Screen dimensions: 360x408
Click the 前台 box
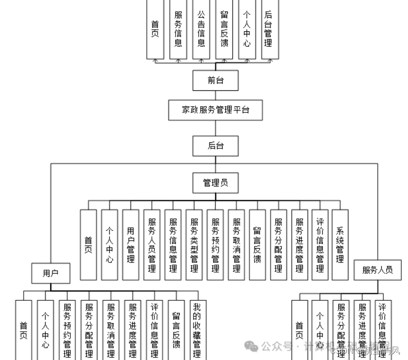click(216, 80)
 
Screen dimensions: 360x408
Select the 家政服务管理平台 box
click(216, 110)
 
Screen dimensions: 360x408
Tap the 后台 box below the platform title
click(216, 145)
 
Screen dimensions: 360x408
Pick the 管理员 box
click(216, 182)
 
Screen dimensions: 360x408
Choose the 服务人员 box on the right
click(377, 270)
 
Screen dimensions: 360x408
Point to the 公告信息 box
click(201, 30)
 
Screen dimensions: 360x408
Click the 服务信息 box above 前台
click(178, 30)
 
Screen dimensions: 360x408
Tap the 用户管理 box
click(131, 244)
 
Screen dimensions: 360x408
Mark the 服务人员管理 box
click(152, 244)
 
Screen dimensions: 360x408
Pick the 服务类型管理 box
click(194, 244)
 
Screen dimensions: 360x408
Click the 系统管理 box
click(340, 244)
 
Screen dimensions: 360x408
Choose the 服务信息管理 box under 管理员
click(173, 244)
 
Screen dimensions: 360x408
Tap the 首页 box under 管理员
click(88, 244)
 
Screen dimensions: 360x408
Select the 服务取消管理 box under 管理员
click(236, 244)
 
